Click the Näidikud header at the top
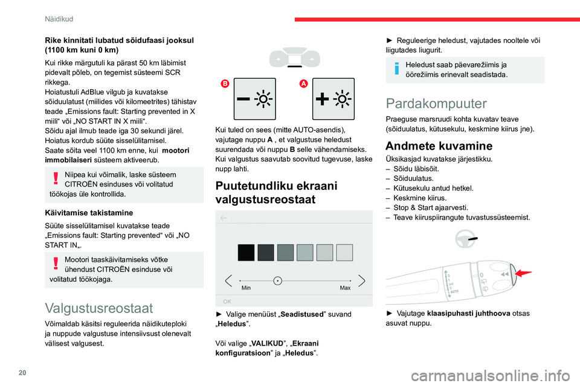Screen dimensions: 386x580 (59, 19)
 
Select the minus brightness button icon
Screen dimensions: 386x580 (254, 99)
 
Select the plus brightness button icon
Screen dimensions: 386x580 (333, 99)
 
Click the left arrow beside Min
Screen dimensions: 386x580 (228, 280)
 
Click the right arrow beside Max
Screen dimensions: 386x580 (361, 280)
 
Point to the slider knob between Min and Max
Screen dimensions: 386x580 (277, 280)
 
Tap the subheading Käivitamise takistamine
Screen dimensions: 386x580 (86, 212)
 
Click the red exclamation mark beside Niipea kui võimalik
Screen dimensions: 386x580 (55, 177)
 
